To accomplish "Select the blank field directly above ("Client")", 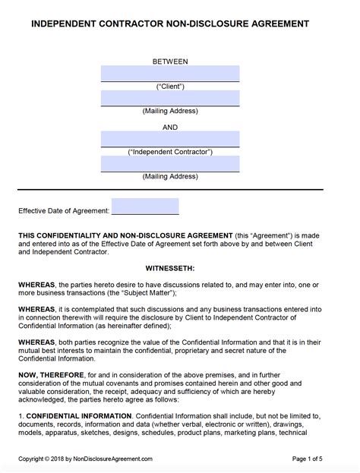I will [170, 74].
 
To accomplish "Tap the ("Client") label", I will [170, 87].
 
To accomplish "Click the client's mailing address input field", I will [170, 99].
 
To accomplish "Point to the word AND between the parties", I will [170, 128].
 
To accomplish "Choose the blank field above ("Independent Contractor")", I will [170, 139].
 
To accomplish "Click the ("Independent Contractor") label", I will [170, 152].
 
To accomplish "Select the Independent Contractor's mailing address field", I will [170, 164].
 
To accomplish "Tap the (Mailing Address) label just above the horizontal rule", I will [170, 177].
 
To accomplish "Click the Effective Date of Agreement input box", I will [145, 207].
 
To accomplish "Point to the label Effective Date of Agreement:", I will [64, 210].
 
